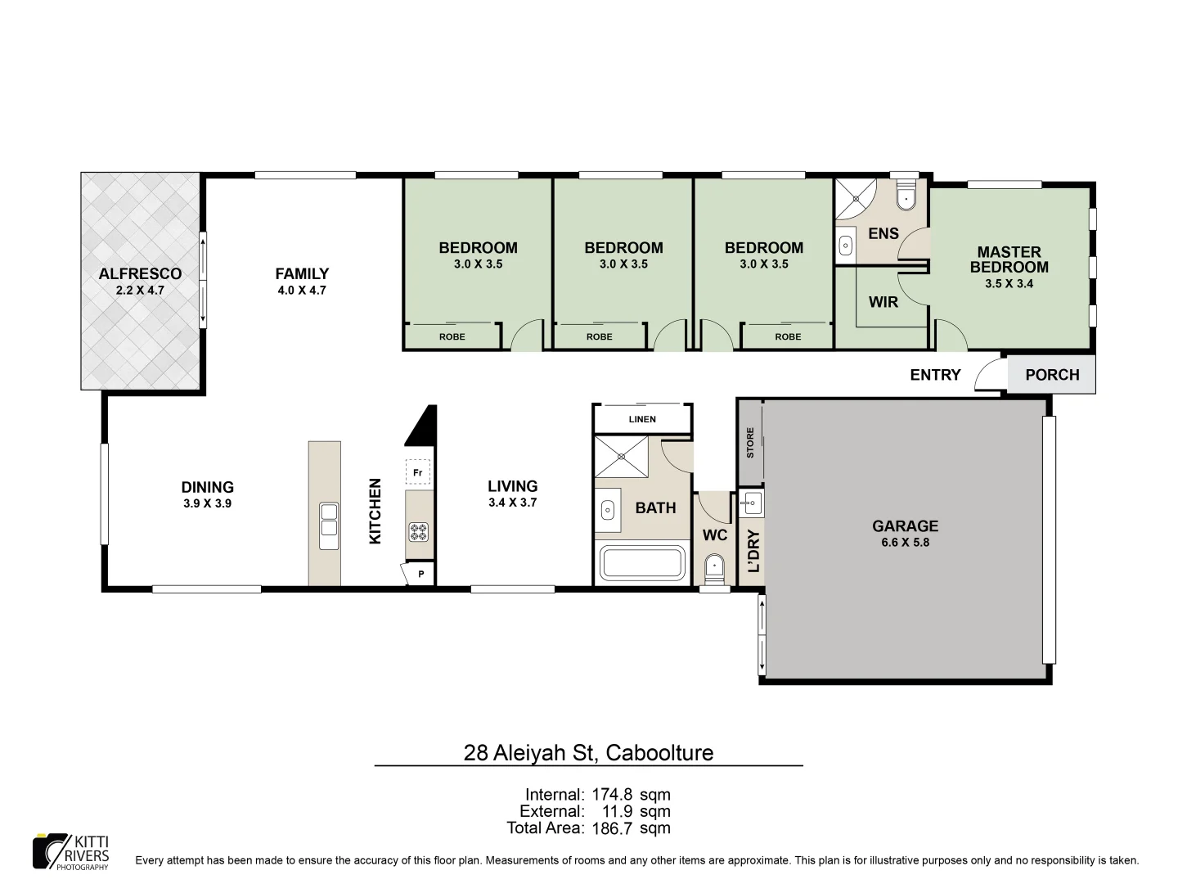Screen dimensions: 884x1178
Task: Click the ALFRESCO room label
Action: (140, 274)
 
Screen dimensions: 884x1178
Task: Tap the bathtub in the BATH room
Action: (642, 564)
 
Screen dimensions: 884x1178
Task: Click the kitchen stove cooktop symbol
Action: (419, 532)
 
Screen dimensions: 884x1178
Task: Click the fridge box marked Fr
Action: (417, 473)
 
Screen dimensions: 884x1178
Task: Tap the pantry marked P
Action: (420, 574)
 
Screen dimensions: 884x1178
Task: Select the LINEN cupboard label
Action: (642, 420)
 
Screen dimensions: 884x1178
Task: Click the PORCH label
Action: (1052, 375)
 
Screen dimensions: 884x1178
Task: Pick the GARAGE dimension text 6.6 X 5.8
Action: (905, 542)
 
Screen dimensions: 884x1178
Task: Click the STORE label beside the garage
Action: (750, 442)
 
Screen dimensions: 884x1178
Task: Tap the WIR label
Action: (883, 302)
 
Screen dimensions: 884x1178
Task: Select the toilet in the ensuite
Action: (906, 199)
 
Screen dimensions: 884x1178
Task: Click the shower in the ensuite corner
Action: (854, 198)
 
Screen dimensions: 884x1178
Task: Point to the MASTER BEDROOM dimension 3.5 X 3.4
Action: (1009, 284)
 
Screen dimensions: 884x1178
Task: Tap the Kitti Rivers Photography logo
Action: (71, 852)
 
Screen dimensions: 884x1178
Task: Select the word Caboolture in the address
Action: (659, 752)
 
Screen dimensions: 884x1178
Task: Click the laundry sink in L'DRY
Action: (752, 502)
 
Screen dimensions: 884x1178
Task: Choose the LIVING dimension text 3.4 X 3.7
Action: (512, 503)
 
